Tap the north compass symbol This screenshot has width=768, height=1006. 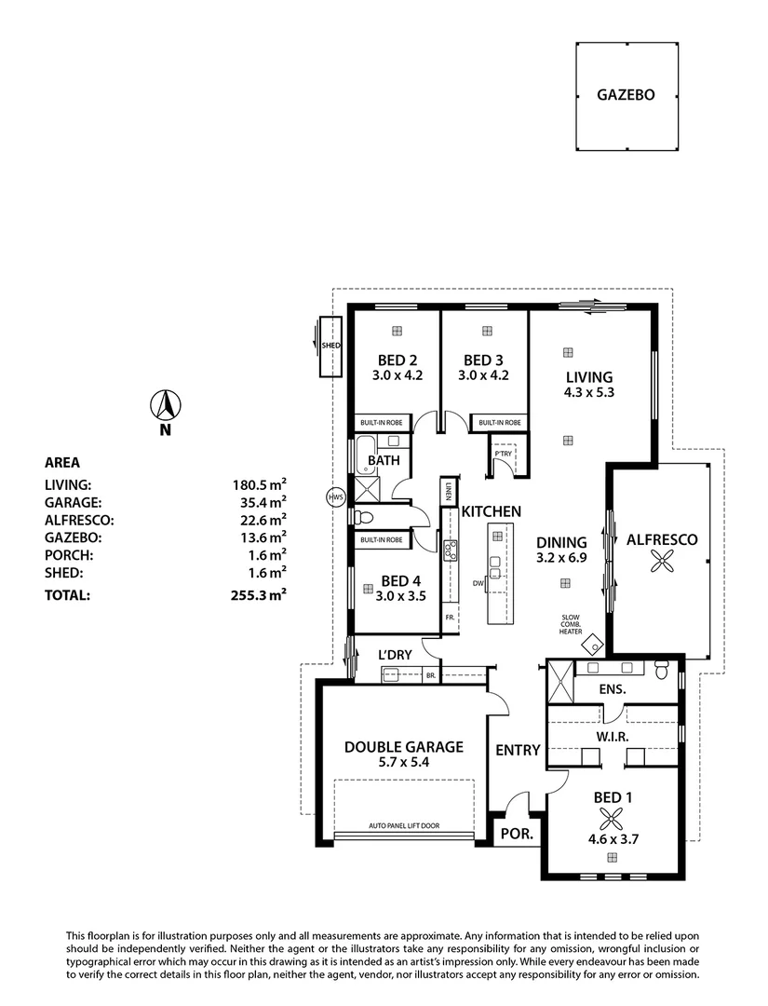click(x=166, y=406)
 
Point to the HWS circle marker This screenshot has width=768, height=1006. click(x=336, y=497)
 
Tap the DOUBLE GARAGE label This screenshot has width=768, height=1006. click(x=403, y=746)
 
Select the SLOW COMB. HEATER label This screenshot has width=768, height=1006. click(x=571, y=624)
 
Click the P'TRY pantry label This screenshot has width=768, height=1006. click(x=503, y=454)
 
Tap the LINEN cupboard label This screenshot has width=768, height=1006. click(x=449, y=490)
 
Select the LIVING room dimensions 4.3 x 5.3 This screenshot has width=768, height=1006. click(x=589, y=392)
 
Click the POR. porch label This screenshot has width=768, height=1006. click(x=519, y=835)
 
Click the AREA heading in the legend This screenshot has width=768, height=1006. click(x=62, y=462)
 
